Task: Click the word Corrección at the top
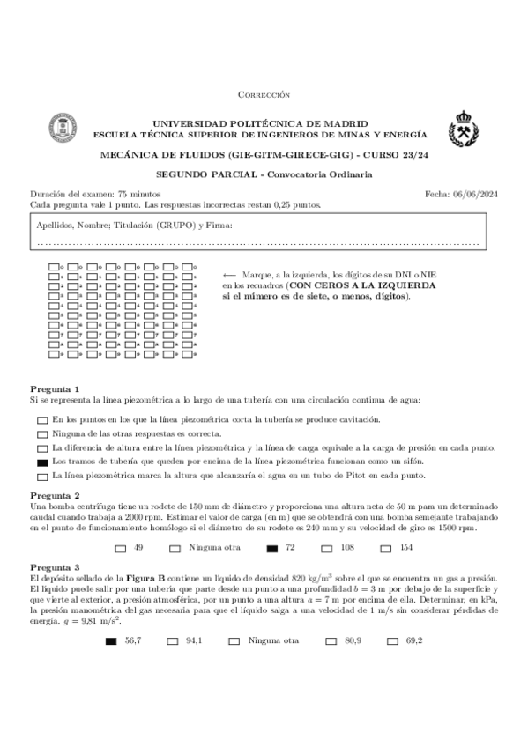point(264,94)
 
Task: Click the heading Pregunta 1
point(55,388)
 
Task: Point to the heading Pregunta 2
point(55,496)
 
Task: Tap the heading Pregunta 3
point(55,567)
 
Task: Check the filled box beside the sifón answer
point(42,462)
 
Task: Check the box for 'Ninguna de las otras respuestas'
point(42,433)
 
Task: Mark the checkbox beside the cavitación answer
point(42,419)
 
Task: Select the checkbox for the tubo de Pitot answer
point(42,476)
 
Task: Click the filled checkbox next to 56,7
point(110,641)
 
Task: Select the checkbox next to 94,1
point(172,641)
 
